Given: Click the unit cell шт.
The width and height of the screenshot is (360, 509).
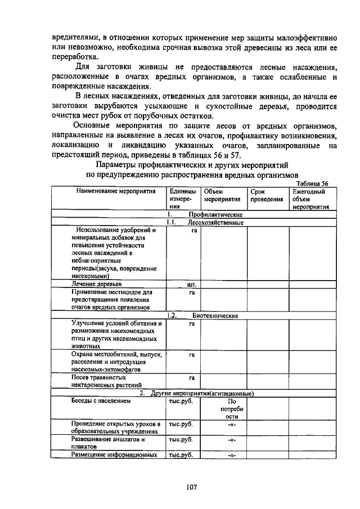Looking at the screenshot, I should (191, 285).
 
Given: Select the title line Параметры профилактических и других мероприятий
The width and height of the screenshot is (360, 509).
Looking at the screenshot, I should (191, 165).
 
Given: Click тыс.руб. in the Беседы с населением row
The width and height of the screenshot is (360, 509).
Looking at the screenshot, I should (181, 402).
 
